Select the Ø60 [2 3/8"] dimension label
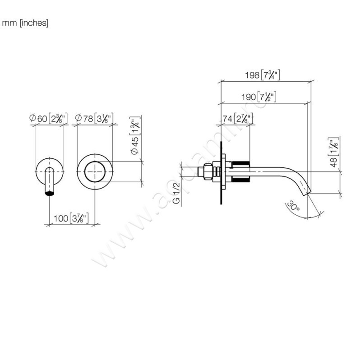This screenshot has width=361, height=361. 49,119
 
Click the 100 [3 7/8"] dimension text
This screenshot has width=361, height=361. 71,219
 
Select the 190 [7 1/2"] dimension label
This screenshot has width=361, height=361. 261,96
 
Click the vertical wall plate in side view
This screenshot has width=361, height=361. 222,171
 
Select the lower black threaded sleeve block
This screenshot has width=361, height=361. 241,180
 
